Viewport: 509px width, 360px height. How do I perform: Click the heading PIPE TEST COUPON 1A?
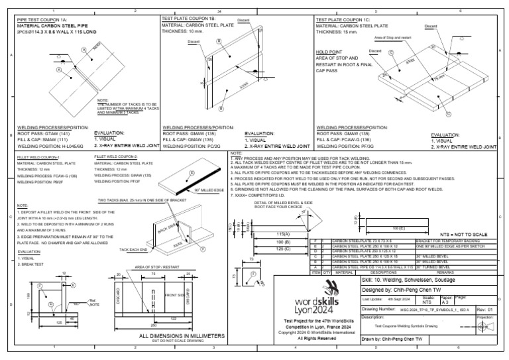(x=42, y=20)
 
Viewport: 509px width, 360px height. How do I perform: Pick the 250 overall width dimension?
(x=153, y=326)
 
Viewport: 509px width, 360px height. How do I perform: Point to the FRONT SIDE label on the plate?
(x=177, y=295)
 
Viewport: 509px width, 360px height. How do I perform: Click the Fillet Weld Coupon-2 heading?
(x=115, y=156)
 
